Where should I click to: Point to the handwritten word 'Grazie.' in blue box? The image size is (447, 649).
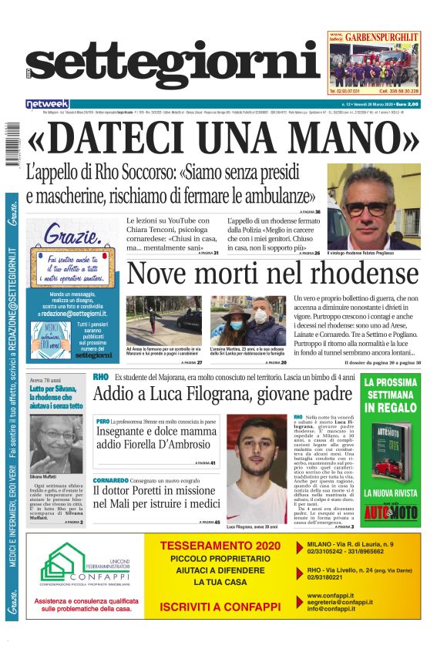pyautogui.click(x=73, y=233)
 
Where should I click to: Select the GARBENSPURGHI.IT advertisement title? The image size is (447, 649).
pyautogui.click(x=382, y=36)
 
